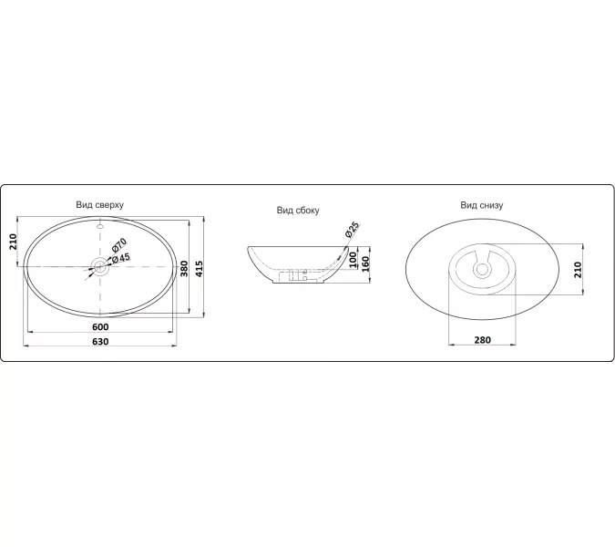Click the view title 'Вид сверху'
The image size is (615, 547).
tap(99, 205)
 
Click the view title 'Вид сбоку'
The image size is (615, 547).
tap(298, 211)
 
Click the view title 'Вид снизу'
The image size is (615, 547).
tap(481, 205)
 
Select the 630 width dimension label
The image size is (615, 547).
tap(100, 341)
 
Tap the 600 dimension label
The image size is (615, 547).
tap(100, 327)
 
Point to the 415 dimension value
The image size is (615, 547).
tap(200, 269)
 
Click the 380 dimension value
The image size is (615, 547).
tap(184, 269)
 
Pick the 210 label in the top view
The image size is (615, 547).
tap(13, 242)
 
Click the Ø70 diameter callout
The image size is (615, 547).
tap(118, 245)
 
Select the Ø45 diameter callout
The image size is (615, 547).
tap(120, 258)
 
